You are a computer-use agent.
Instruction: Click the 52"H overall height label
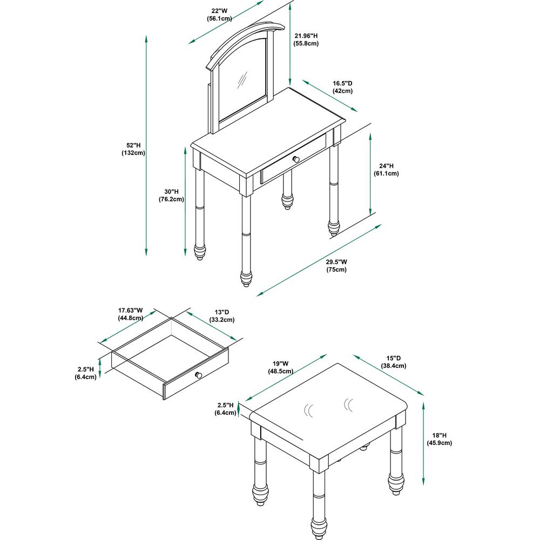click(133, 149)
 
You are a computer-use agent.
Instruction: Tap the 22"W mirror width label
click(219, 15)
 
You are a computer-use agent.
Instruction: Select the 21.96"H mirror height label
click(306, 39)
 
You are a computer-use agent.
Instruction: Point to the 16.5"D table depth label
click(342, 87)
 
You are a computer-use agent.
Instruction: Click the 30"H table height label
click(171, 195)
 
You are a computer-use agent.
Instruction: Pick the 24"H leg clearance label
click(386, 170)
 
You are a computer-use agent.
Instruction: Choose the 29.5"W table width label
click(336, 266)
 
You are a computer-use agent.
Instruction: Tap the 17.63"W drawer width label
click(131, 314)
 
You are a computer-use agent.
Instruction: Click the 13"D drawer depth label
click(222, 316)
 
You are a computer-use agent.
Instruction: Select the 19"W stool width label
click(281, 367)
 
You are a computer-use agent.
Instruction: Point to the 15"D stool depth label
click(393, 362)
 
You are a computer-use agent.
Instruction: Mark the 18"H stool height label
click(440, 439)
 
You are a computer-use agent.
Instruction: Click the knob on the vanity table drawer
click(296, 159)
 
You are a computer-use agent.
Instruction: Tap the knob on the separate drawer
click(198, 375)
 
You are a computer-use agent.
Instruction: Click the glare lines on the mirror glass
click(242, 80)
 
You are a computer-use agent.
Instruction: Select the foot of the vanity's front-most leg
click(246, 279)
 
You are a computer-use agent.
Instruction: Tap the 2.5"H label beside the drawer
click(85, 373)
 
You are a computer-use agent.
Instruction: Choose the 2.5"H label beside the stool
click(225, 409)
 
